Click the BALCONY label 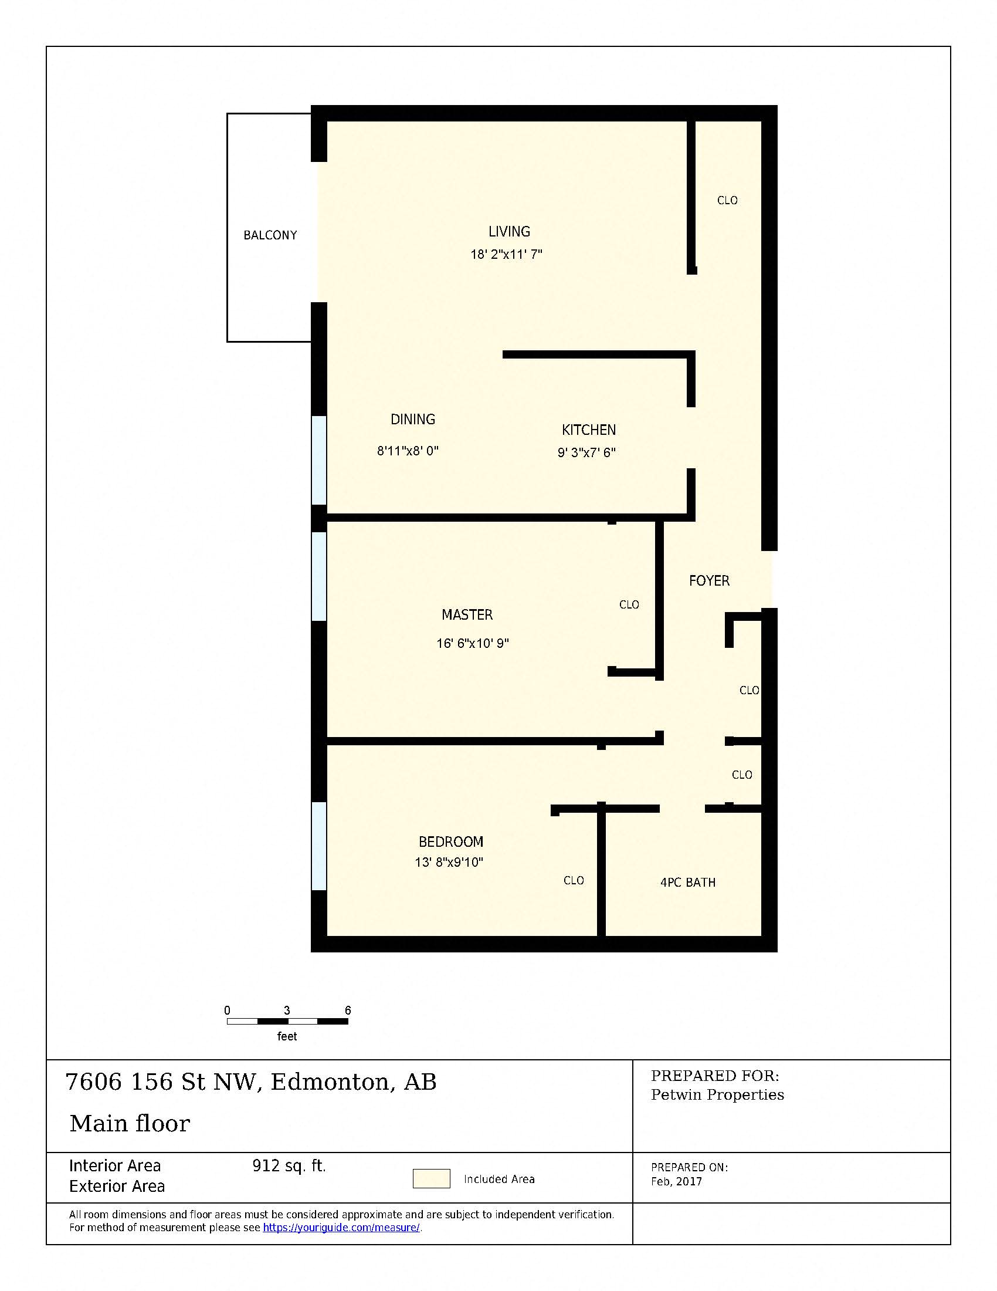pyautogui.click(x=270, y=235)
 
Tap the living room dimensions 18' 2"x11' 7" pyautogui.click(x=506, y=255)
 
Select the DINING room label pyautogui.click(x=413, y=420)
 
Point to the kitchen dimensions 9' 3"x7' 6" pyautogui.click(x=586, y=453)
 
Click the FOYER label pyautogui.click(x=709, y=581)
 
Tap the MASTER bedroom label pyautogui.click(x=467, y=615)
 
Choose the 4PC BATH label pyautogui.click(x=687, y=883)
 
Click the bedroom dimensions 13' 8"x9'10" pyautogui.click(x=449, y=863)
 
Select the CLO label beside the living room pyautogui.click(x=727, y=201)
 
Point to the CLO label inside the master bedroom pyautogui.click(x=629, y=604)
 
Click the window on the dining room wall pyautogui.click(x=319, y=461)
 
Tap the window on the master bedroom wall pyautogui.click(x=319, y=576)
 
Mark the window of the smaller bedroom pyautogui.click(x=319, y=846)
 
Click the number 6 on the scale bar pyautogui.click(x=348, y=1011)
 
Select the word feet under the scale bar pyautogui.click(x=287, y=1036)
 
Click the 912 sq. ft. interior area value pyautogui.click(x=289, y=1165)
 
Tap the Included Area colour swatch pyautogui.click(x=431, y=1179)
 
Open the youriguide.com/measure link pyautogui.click(x=341, y=1228)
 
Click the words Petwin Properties pyautogui.click(x=717, y=1095)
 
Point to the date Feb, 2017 pyautogui.click(x=676, y=1182)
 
